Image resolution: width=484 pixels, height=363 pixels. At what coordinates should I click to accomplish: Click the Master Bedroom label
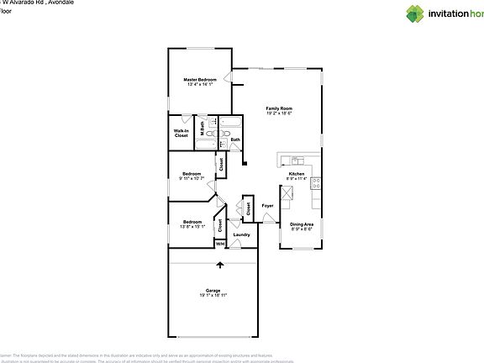click(200, 80)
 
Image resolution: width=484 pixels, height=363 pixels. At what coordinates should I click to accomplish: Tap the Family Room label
click(279, 108)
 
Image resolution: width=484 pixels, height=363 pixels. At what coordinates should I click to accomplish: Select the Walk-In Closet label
click(181, 134)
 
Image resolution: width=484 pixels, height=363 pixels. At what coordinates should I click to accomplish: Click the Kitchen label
click(297, 173)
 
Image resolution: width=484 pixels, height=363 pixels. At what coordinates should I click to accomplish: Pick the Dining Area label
click(302, 224)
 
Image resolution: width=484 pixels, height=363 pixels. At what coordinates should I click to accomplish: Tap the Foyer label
click(268, 205)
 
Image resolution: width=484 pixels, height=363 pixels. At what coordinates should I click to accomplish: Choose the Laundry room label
click(242, 235)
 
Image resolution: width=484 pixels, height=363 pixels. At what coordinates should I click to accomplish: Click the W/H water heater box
click(219, 245)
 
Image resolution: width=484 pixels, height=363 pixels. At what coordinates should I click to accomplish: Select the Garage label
click(214, 290)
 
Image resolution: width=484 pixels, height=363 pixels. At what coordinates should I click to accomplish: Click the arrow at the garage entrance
click(220, 265)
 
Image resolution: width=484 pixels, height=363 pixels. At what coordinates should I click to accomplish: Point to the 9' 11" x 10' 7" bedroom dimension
click(192, 178)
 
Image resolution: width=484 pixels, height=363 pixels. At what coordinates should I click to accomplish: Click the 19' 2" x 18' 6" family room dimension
click(279, 113)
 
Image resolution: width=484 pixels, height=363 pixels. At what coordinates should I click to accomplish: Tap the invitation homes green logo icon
click(418, 13)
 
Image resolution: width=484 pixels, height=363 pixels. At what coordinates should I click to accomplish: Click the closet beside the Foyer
click(248, 206)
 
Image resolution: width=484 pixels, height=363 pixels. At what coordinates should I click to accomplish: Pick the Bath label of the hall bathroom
click(235, 139)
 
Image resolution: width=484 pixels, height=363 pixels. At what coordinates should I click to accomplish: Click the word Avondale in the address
click(60, 3)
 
